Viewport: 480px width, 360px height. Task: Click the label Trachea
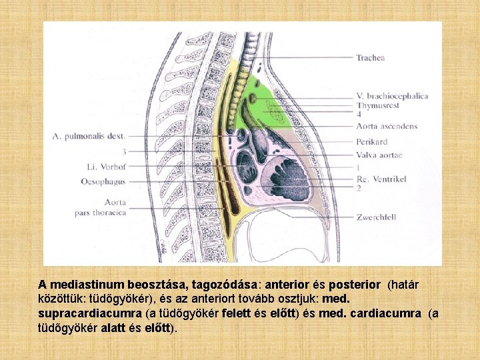click(370, 58)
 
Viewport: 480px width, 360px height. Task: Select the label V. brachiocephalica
click(392, 96)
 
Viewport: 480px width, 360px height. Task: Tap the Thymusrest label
click(378, 105)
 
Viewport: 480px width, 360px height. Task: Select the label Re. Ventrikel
click(381, 179)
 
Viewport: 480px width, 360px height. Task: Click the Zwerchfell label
click(376, 217)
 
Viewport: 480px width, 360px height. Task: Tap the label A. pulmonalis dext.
click(89, 136)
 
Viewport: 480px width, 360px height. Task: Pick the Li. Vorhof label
click(107, 166)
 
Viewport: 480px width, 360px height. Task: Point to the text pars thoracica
click(100, 213)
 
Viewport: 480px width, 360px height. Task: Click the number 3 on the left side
click(124, 151)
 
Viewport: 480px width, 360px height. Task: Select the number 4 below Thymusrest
click(359, 115)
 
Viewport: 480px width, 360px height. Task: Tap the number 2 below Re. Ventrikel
click(359, 189)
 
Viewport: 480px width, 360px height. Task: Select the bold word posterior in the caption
click(357, 283)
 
